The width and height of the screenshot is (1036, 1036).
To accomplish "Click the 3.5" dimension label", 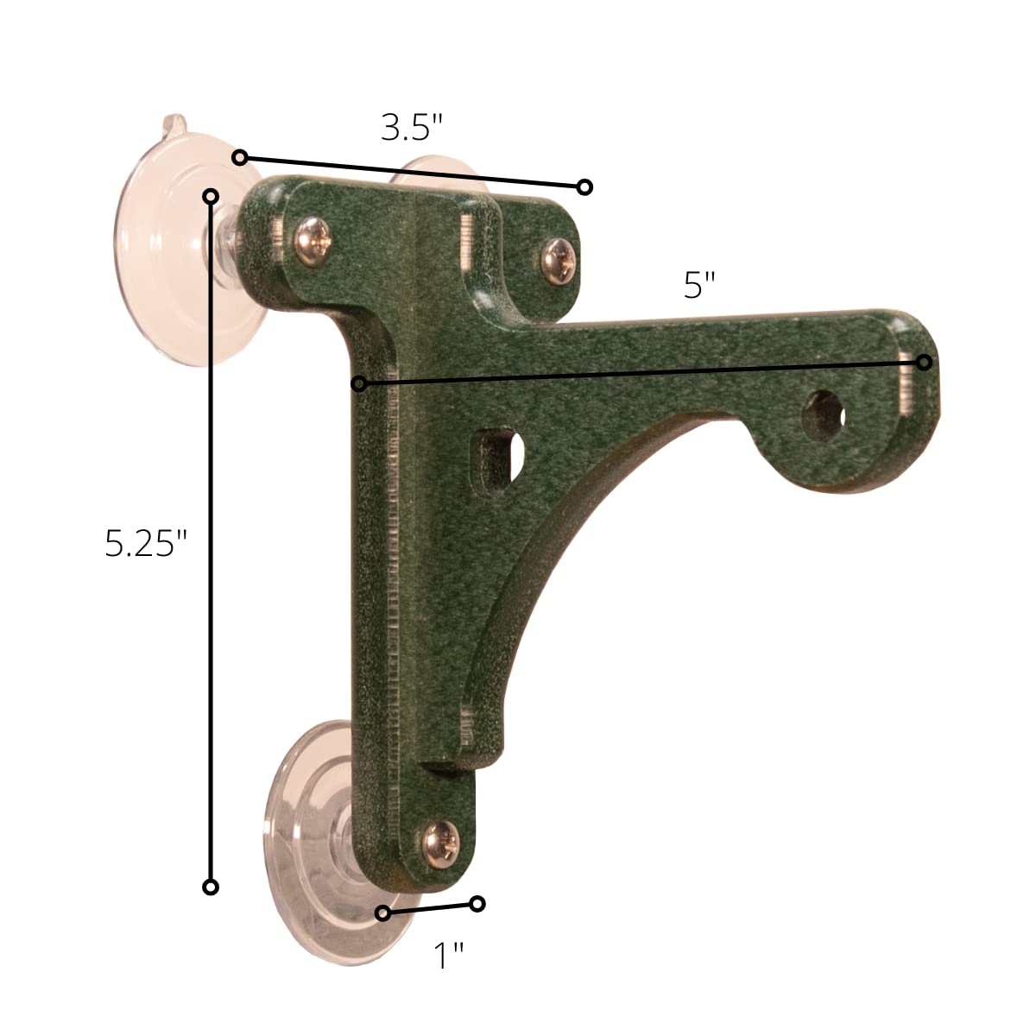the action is click(x=411, y=128).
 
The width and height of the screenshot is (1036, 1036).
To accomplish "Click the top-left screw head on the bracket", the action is click(x=313, y=242).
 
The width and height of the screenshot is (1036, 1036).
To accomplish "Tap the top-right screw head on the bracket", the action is click(x=559, y=262).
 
